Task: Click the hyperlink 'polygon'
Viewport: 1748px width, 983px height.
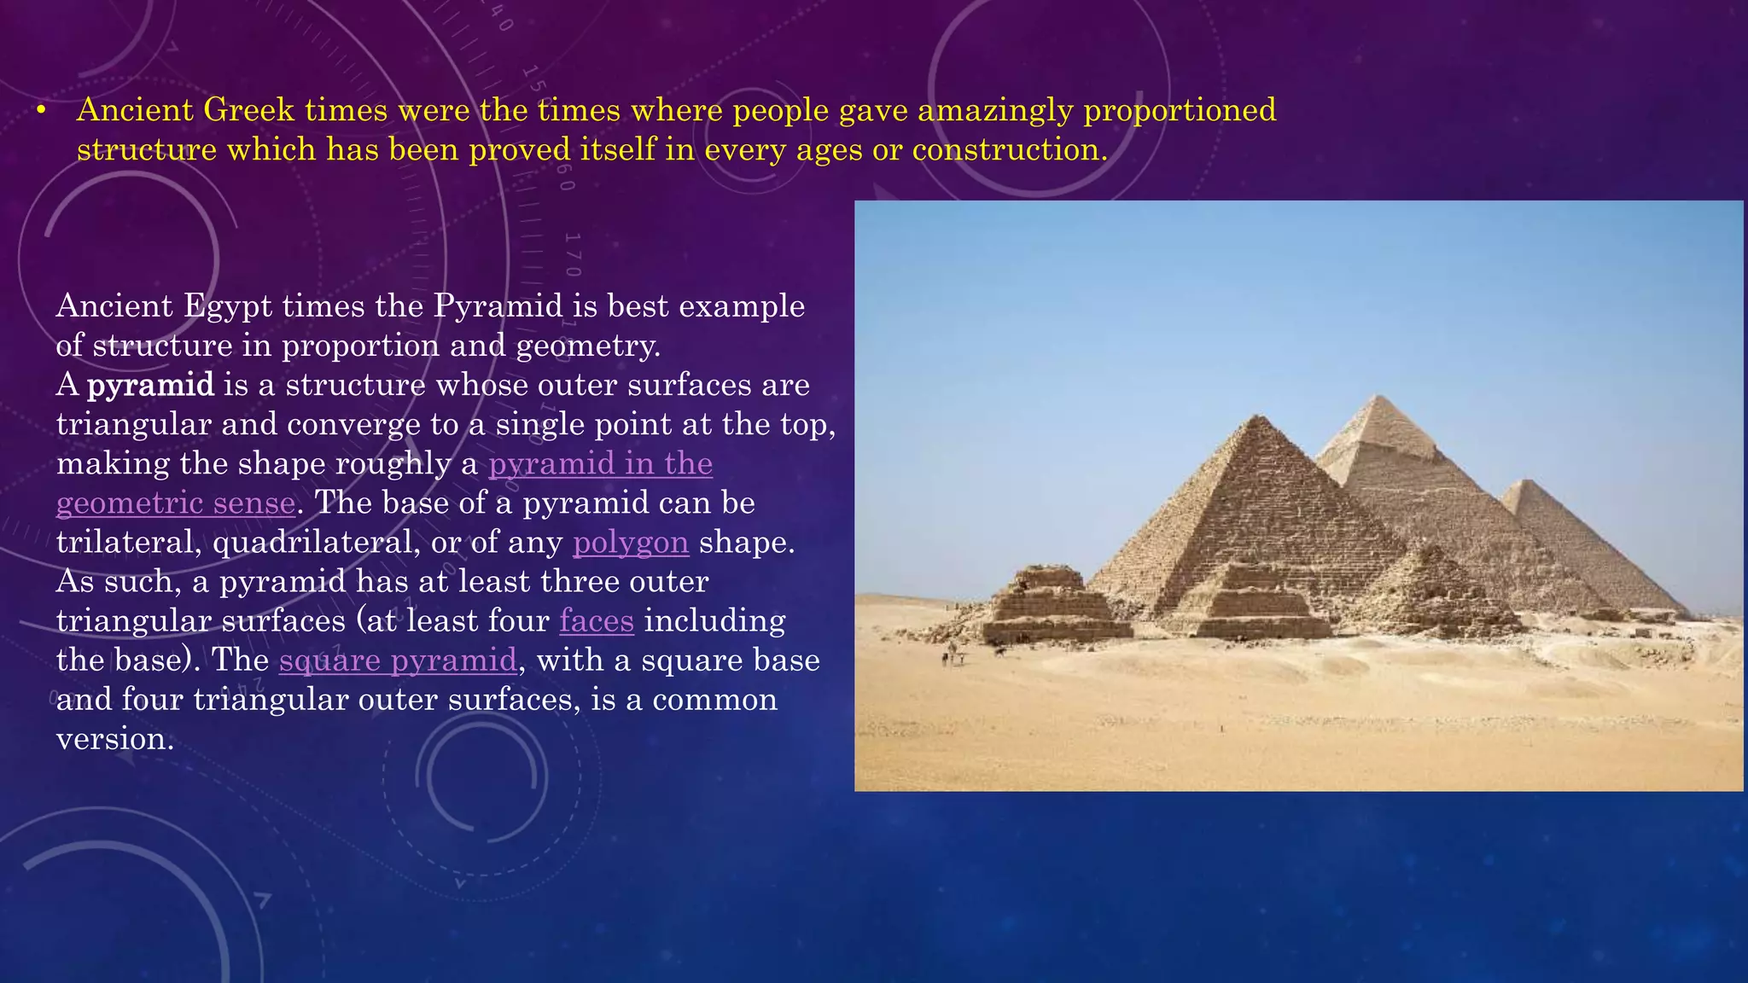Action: point(630,543)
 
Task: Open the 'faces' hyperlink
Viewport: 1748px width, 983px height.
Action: point(597,621)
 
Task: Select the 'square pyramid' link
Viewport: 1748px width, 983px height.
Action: point(398,660)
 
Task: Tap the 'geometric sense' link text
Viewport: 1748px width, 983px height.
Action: point(176,503)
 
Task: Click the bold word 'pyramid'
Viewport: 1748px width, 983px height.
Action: point(150,386)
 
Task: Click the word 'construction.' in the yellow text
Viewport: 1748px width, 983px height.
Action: point(1010,150)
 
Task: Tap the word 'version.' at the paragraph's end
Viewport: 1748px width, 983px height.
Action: point(115,739)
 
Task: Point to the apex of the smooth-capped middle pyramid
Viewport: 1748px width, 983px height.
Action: point(1377,397)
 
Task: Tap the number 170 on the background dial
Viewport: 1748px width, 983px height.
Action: point(573,253)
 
